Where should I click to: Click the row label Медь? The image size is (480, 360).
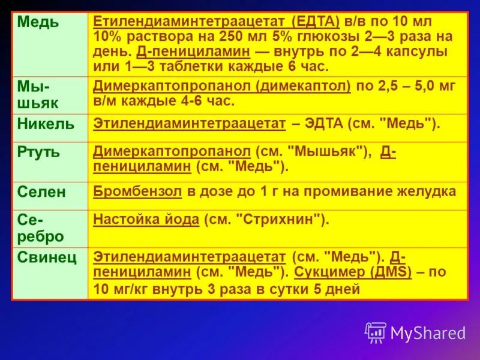pyautogui.click(x=38, y=23)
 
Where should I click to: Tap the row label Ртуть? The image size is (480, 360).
pyautogui.click(x=39, y=152)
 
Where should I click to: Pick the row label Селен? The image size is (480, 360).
pyautogui.click(x=41, y=192)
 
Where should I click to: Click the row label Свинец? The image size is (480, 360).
pyautogui.click(x=47, y=258)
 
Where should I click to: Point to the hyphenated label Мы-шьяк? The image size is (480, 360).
pyautogui.click(x=37, y=94)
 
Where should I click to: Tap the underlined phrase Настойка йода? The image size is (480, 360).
pyautogui.click(x=146, y=220)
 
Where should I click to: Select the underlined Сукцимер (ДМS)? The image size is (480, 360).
pyautogui.click(x=353, y=272)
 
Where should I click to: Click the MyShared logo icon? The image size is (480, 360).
pyautogui.click(x=376, y=332)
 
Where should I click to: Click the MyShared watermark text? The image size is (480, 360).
pyautogui.click(x=428, y=332)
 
